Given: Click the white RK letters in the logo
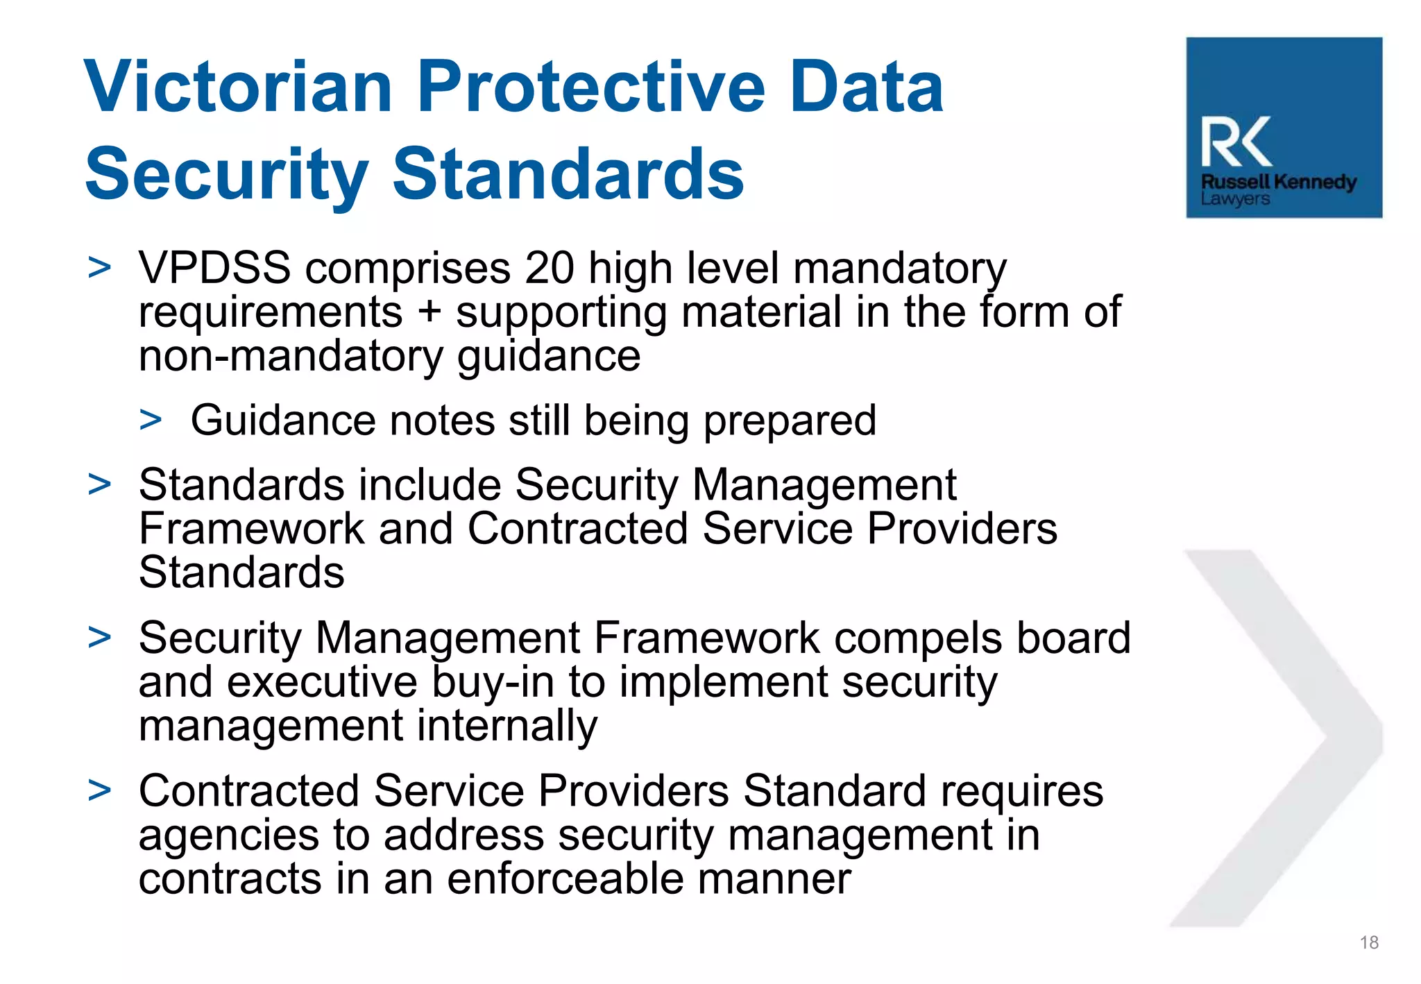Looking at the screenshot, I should coord(1236,142).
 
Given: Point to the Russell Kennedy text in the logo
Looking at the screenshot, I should coord(1278,182).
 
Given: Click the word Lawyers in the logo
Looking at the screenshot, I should coord(1235,199).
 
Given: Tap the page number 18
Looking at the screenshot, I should coord(1369,942).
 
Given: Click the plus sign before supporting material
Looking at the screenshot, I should coord(429,311).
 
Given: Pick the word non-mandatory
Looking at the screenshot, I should coord(290,356).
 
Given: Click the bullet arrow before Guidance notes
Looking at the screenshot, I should coord(151,420).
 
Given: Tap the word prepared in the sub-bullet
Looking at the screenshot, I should coord(790,421).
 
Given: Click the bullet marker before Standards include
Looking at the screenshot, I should coord(100,484).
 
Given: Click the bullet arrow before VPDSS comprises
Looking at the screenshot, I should coord(100,268).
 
